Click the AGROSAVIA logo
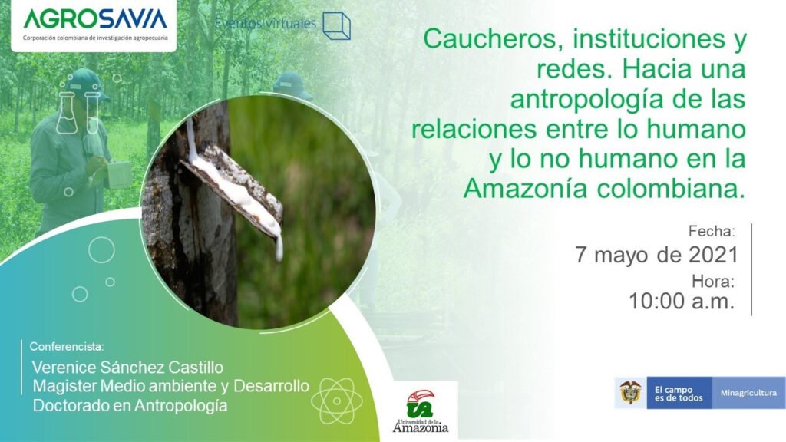(95, 24)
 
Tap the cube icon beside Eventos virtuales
(336, 26)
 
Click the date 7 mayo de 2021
(657, 255)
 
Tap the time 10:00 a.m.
(682, 301)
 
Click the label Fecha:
(712, 231)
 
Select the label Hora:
(713, 281)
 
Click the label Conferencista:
(67, 346)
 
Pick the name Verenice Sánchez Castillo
(127, 368)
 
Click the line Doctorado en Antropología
(130, 405)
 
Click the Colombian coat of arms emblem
(631, 392)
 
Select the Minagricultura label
(748, 393)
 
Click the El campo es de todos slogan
(679, 394)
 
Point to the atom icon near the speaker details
(337, 401)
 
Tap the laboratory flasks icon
(78, 112)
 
